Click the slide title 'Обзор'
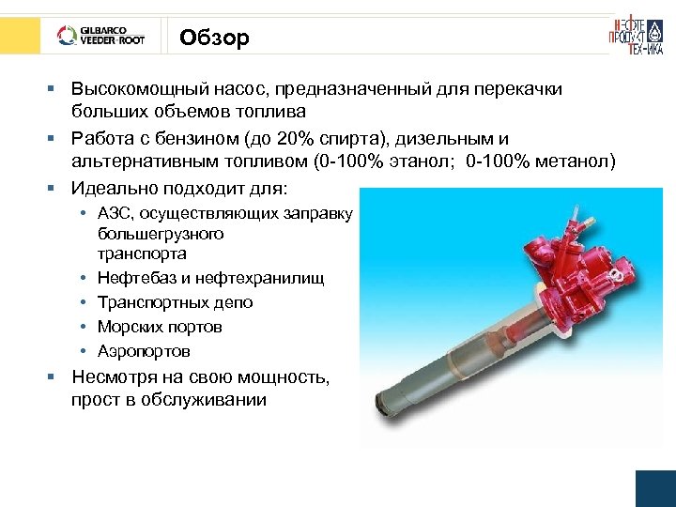click(x=214, y=38)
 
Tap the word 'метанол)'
click(x=575, y=161)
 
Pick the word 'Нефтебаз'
click(x=135, y=278)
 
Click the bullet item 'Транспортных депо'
click(x=175, y=302)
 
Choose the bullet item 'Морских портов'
click(x=160, y=327)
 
